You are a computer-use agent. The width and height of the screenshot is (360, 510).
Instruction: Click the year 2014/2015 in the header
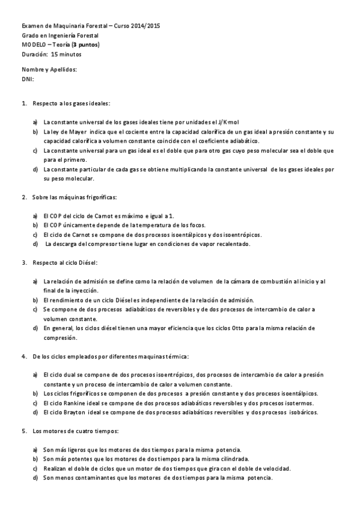[145, 26]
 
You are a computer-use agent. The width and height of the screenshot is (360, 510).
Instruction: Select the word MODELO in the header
[33, 45]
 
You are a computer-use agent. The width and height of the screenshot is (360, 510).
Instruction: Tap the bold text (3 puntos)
[85, 45]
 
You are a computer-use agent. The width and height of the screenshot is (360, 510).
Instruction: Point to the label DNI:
[28, 78]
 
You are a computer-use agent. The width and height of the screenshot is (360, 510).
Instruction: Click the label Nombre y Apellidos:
[49, 69]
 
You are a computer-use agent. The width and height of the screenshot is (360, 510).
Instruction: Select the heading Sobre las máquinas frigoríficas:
[75, 197]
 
